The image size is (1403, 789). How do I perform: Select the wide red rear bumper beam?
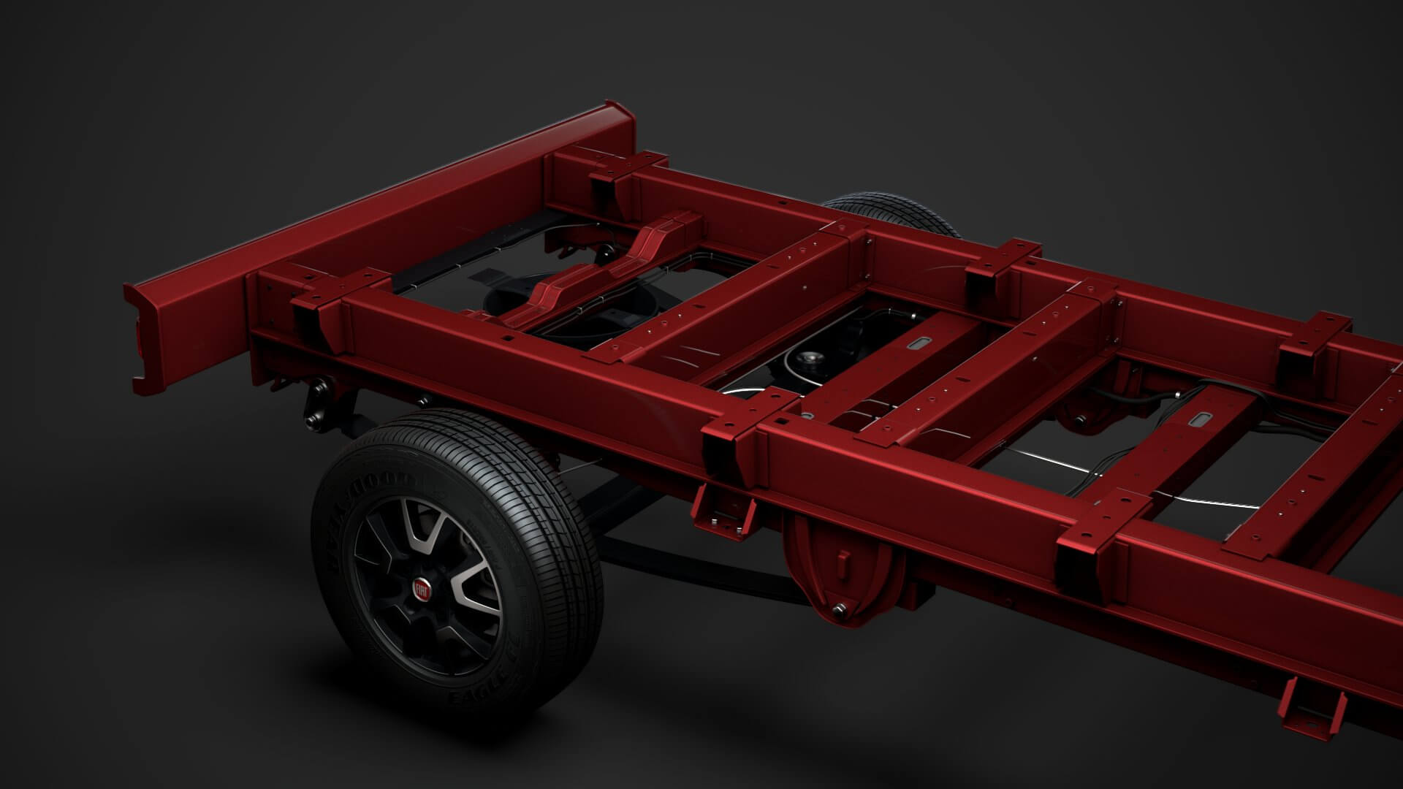pyautogui.click(x=380, y=219)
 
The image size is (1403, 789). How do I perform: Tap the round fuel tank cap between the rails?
pyautogui.click(x=810, y=359)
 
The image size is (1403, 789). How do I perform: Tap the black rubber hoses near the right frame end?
pyautogui.click(x=1140, y=398)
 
